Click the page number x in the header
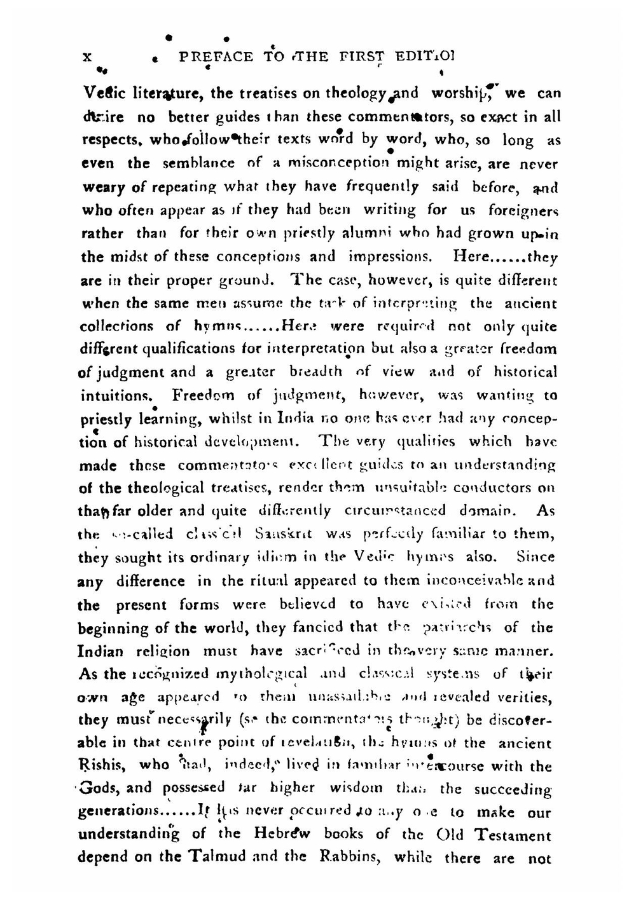[88, 57]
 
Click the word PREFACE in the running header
[216, 57]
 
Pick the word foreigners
[523, 210]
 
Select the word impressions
[390, 257]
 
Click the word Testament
[513, 835]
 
